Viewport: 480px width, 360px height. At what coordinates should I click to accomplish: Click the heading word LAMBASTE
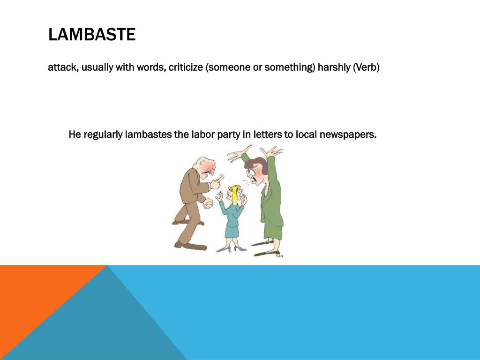coord(92,35)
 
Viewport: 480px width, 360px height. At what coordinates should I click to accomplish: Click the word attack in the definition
coord(63,67)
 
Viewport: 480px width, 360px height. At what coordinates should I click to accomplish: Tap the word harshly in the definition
coord(334,67)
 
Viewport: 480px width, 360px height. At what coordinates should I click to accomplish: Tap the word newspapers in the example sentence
coord(348,135)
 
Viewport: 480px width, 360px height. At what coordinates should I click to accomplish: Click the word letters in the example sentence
coord(268,135)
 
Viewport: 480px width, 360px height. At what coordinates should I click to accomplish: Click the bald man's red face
coord(208,168)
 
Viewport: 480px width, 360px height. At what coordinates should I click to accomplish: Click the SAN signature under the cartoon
coord(279,256)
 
